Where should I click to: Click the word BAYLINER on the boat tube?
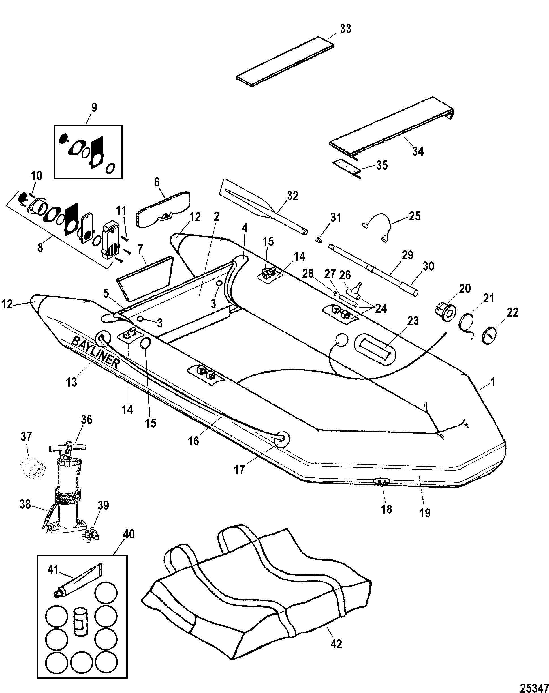[x=95, y=352]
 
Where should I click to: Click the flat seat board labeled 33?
[x=285, y=61]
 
